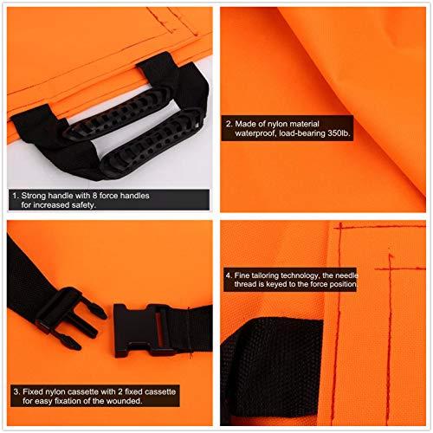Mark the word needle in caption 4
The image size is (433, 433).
pyautogui.click(x=369, y=273)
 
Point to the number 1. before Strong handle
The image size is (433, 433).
pyautogui.click(x=15, y=197)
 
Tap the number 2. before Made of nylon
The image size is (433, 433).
pyautogui.click(x=228, y=124)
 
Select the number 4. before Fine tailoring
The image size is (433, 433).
pyautogui.click(x=228, y=273)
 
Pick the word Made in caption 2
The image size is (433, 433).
pyautogui.click(x=248, y=124)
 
